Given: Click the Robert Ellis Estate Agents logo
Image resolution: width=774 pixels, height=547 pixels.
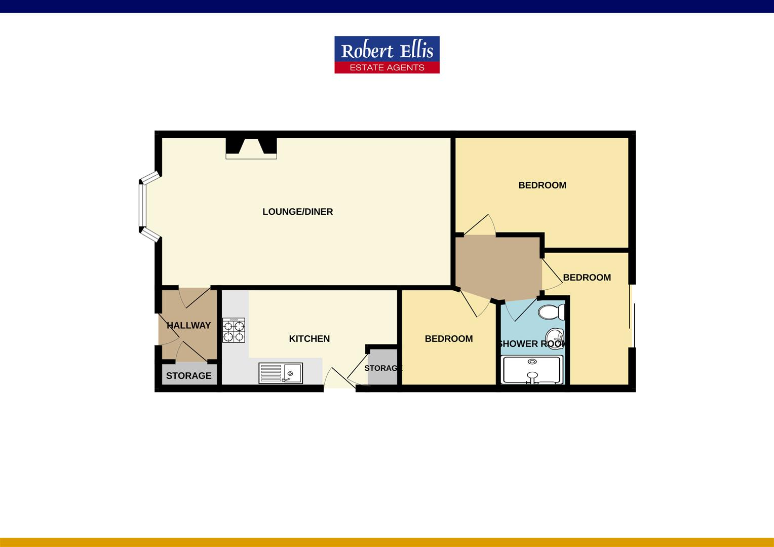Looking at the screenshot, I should pyautogui.click(x=386, y=55).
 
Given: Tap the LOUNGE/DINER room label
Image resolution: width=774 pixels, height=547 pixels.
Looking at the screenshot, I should pyautogui.click(x=297, y=212).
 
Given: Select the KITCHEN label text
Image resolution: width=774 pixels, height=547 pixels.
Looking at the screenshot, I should pyautogui.click(x=309, y=339).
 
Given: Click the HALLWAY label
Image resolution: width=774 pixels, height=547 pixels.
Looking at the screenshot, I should pyautogui.click(x=188, y=325).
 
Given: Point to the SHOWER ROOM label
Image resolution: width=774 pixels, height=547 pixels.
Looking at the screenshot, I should pyautogui.click(x=532, y=344).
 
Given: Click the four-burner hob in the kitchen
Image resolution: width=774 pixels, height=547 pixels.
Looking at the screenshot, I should pyautogui.click(x=233, y=330).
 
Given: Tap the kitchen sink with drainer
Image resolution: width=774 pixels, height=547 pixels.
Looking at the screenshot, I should pyautogui.click(x=280, y=373).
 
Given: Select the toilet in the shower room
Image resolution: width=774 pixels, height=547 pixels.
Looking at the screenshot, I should pyautogui.click(x=551, y=311).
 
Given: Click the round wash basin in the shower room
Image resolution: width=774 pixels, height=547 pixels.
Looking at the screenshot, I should pyautogui.click(x=555, y=335).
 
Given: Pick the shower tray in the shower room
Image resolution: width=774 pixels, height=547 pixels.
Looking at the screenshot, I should pyautogui.click(x=532, y=370).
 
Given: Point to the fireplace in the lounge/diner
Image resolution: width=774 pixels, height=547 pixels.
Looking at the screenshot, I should pyautogui.click(x=251, y=148).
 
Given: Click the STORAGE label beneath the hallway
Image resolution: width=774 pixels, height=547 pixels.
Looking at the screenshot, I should pyautogui.click(x=188, y=376).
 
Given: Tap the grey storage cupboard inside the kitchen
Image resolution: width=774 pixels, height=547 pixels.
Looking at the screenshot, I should pyautogui.click(x=382, y=367).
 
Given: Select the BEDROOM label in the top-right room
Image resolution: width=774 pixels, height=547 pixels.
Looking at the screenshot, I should pyautogui.click(x=542, y=185).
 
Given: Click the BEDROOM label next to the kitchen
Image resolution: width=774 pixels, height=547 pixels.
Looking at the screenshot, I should pyautogui.click(x=448, y=339).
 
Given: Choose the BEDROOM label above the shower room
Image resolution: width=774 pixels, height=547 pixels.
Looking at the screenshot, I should pyautogui.click(x=587, y=278).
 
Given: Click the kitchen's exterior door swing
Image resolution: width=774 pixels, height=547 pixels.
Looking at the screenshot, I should pyautogui.click(x=336, y=377).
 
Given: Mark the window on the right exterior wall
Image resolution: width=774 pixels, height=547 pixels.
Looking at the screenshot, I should pyautogui.click(x=632, y=316).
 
